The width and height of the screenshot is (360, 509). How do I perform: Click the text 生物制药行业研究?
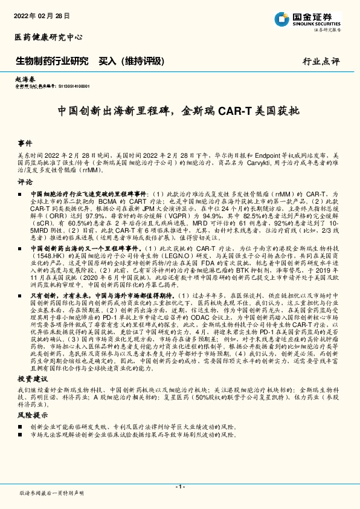click(x=52, y=61)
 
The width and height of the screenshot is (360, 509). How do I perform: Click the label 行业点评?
click(x=321, y=62)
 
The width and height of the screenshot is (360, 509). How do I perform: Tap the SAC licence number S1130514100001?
click(x=71, y=86)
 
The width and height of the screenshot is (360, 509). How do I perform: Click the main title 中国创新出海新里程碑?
click(x=179, y=112)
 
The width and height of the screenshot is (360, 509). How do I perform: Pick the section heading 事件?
click(x=25, y=144)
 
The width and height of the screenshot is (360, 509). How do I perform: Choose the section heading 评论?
click(x=25, y=181)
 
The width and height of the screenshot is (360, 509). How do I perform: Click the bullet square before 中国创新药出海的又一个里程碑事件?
click(x=21, y=248)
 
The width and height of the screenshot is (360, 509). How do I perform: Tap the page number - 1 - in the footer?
click(x=179, y=487)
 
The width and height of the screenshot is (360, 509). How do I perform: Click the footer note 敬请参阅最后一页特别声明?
click(x=51, y=493)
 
